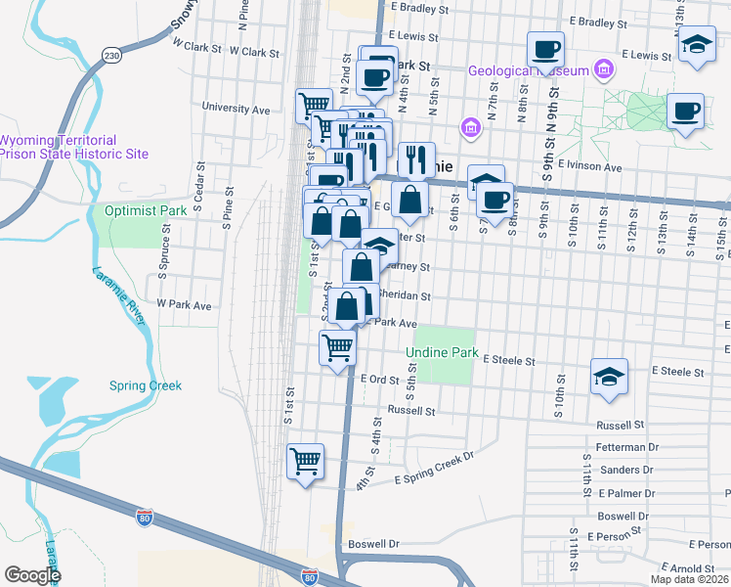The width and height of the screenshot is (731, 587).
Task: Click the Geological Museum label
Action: [x=528, y=70]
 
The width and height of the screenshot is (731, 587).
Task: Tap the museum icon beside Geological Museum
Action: [x=603, y=69]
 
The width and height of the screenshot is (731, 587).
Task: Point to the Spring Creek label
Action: [x=146, y=385]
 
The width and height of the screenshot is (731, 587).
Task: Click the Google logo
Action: [x=32, y=575]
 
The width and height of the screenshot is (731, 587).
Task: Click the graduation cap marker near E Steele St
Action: [x=608, y=377]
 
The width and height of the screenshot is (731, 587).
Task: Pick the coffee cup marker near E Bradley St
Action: [x=546, y=48]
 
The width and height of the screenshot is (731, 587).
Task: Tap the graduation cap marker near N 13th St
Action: [x=695, y=46]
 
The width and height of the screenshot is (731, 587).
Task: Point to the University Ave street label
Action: [x=236, y=109]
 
